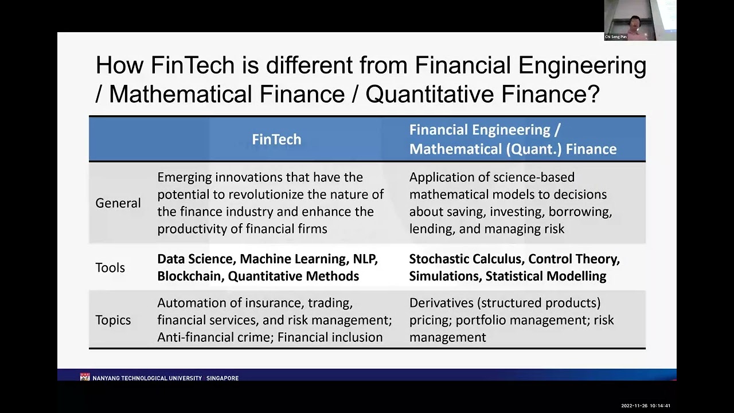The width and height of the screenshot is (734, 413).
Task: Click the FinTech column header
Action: pos(276,139)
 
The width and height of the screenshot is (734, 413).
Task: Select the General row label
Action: pos(118,203)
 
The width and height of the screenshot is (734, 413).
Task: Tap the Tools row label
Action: pos(110,267)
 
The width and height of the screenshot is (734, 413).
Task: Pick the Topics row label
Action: pos(113,320)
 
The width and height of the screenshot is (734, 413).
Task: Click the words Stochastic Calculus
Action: pos(465,259)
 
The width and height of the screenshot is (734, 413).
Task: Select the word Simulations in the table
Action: pos(444,276)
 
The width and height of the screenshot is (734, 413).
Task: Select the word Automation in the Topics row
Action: pos(187,302)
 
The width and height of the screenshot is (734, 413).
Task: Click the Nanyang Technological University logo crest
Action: pos(85,377)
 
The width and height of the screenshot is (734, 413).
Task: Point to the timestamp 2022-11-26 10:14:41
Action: pos(646,406)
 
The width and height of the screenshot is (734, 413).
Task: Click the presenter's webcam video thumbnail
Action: pos(640,20)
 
